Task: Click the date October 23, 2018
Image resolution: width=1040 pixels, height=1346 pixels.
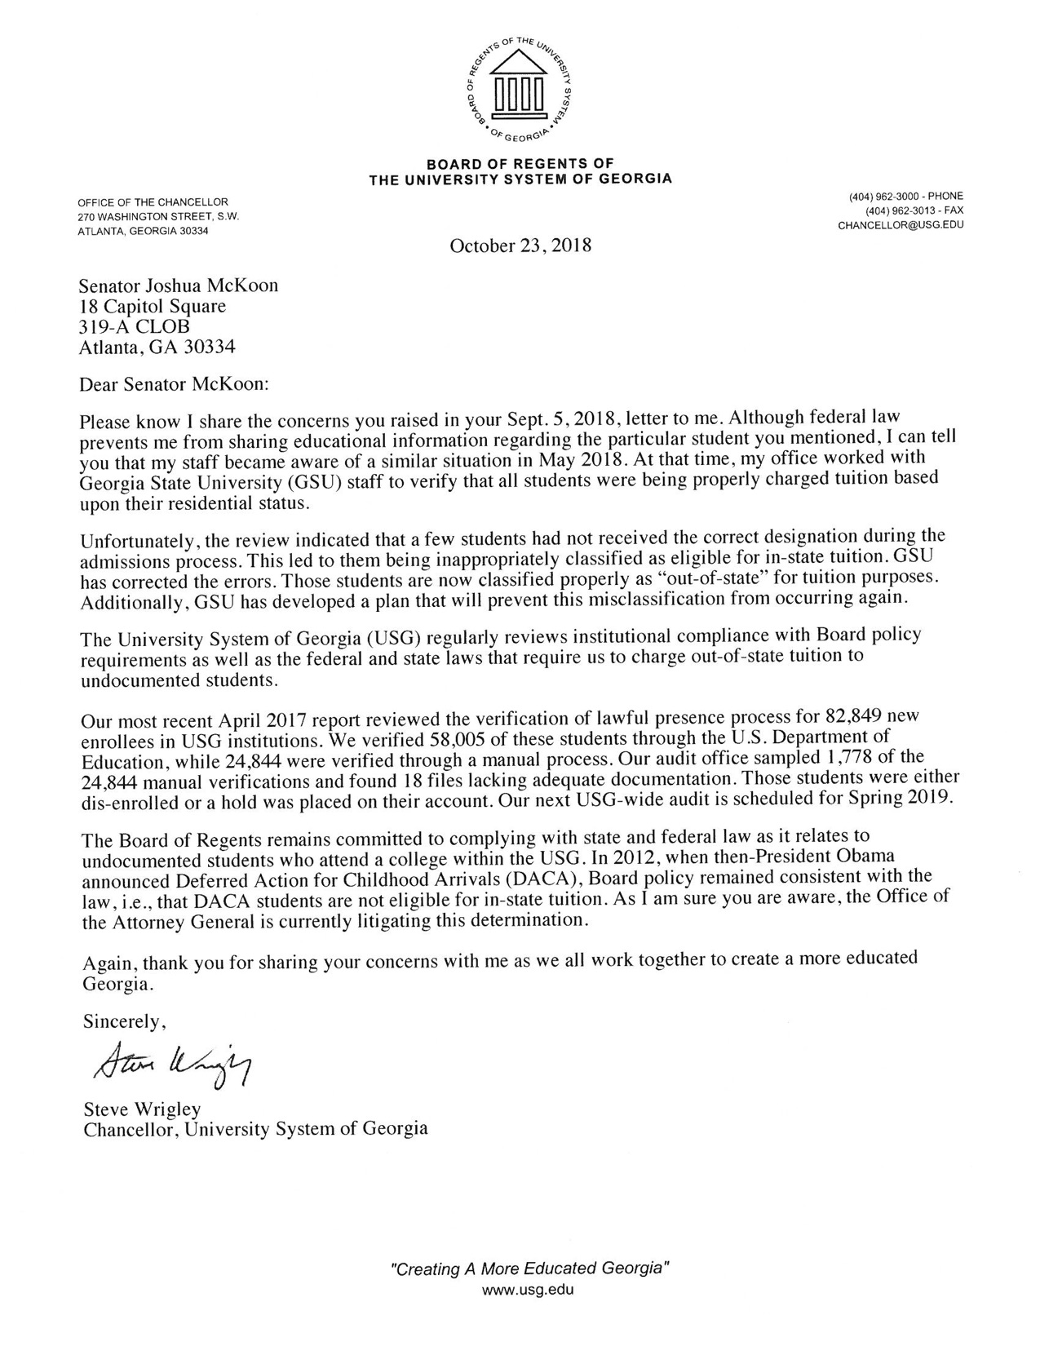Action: [520, 245]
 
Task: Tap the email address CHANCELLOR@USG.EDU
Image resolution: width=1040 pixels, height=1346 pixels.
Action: [900, 226]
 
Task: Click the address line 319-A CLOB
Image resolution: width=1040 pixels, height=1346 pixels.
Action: [134, 327]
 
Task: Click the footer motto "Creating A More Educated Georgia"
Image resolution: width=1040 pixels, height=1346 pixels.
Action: [531, 1269]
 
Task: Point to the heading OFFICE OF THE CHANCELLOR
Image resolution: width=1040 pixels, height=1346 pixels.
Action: [153, 202]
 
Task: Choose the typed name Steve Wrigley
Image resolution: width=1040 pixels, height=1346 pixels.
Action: [142, 1109]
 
